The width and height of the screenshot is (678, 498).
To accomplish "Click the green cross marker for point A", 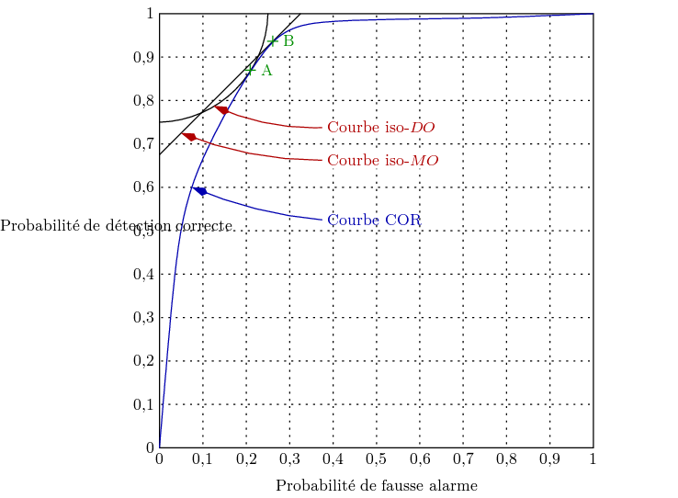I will [250, 70].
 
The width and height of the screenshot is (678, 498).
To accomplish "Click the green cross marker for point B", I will [272, 40].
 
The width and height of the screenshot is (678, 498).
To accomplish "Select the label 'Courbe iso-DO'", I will [381, 128].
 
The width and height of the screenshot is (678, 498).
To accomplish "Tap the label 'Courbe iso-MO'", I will [382, 161].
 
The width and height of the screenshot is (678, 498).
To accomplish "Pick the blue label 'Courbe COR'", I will [374, 221].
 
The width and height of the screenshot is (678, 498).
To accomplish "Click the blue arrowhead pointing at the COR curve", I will [199, 191].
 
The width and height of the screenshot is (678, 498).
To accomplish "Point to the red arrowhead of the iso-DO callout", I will [220, 110].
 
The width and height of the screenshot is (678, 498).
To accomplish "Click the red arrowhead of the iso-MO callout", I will [189, 137].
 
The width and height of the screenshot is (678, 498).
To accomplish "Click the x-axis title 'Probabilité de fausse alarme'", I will [377, 485].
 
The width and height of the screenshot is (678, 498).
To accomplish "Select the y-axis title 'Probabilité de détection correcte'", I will [116, 225].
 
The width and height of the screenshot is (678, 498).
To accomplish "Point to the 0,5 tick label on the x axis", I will [376, 458].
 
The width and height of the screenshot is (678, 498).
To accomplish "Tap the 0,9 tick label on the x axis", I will [549, 458].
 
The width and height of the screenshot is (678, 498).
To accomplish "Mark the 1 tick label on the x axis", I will [593, 458].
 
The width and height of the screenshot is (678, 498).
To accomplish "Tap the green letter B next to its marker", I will [288, 40].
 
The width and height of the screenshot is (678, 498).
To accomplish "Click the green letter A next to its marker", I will [266, 71].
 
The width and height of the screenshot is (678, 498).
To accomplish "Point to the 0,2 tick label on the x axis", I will [246, 458].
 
